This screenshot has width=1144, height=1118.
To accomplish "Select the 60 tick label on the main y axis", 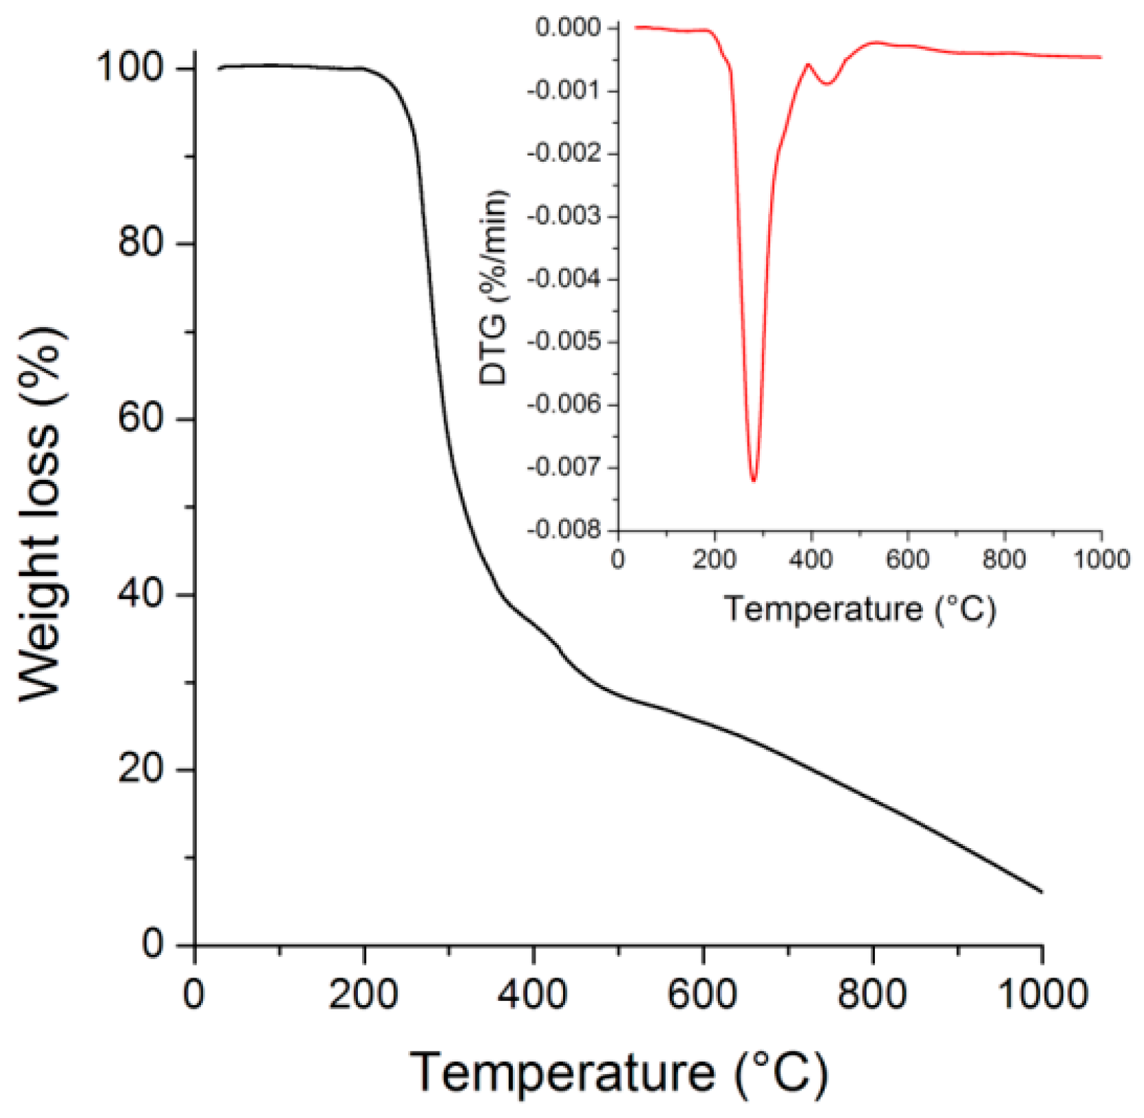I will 141,418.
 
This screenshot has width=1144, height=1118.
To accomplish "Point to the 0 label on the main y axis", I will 153,944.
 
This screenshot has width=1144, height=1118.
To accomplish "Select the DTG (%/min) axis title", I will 494,287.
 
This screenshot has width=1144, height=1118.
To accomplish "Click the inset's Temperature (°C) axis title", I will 860,609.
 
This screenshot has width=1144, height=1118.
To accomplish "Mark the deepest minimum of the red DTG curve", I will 754,480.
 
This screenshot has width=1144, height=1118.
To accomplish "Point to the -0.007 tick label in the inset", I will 563,467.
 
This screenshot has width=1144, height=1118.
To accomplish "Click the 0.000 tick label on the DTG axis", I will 568,28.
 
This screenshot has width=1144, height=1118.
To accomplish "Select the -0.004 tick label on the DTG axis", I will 563,279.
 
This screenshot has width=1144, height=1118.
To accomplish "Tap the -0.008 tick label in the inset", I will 563,529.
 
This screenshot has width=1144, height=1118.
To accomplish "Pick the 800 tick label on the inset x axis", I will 1004,559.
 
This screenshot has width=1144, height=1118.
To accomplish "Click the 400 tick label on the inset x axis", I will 811,559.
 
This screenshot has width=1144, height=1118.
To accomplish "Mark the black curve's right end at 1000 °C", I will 1041,892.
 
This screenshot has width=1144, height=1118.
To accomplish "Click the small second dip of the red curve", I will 828,83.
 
